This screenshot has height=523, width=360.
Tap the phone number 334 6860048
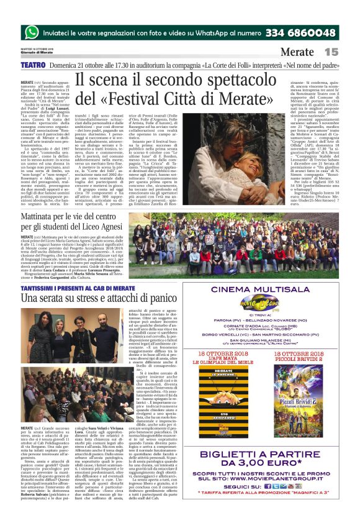(x=300, y=32)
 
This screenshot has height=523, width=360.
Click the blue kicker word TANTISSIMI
(x=38, y=288)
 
